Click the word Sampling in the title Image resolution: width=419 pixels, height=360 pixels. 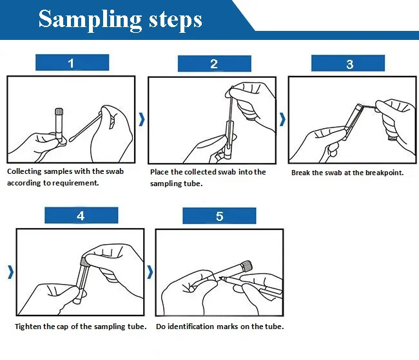[89, 19]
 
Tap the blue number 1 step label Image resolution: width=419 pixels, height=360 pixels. [71, 63]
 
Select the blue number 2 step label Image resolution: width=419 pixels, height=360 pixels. [214, 64]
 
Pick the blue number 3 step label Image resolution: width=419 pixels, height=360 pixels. [349, 64]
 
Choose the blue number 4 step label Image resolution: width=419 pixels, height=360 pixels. [81, 216]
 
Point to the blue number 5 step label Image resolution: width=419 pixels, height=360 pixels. [219, 216]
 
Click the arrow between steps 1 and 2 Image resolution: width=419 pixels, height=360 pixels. [142, 119]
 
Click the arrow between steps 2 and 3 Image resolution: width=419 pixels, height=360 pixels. [282, 119]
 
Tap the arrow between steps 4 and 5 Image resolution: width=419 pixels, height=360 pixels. [150, 272]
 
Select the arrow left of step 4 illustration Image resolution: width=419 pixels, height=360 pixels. [10, 272]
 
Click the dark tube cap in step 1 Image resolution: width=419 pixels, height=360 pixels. [59, 111]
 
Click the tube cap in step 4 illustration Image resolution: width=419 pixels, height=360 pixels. [84, 261]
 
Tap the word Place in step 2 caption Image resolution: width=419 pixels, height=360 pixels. [160, 172]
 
